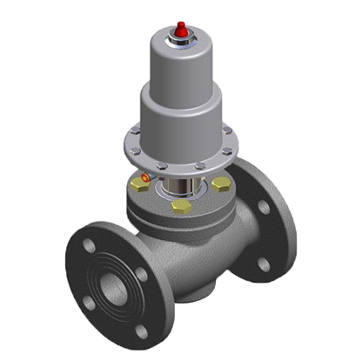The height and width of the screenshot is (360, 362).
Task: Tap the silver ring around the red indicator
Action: (180, 39)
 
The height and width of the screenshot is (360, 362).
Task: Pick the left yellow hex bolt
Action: (138, 185)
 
